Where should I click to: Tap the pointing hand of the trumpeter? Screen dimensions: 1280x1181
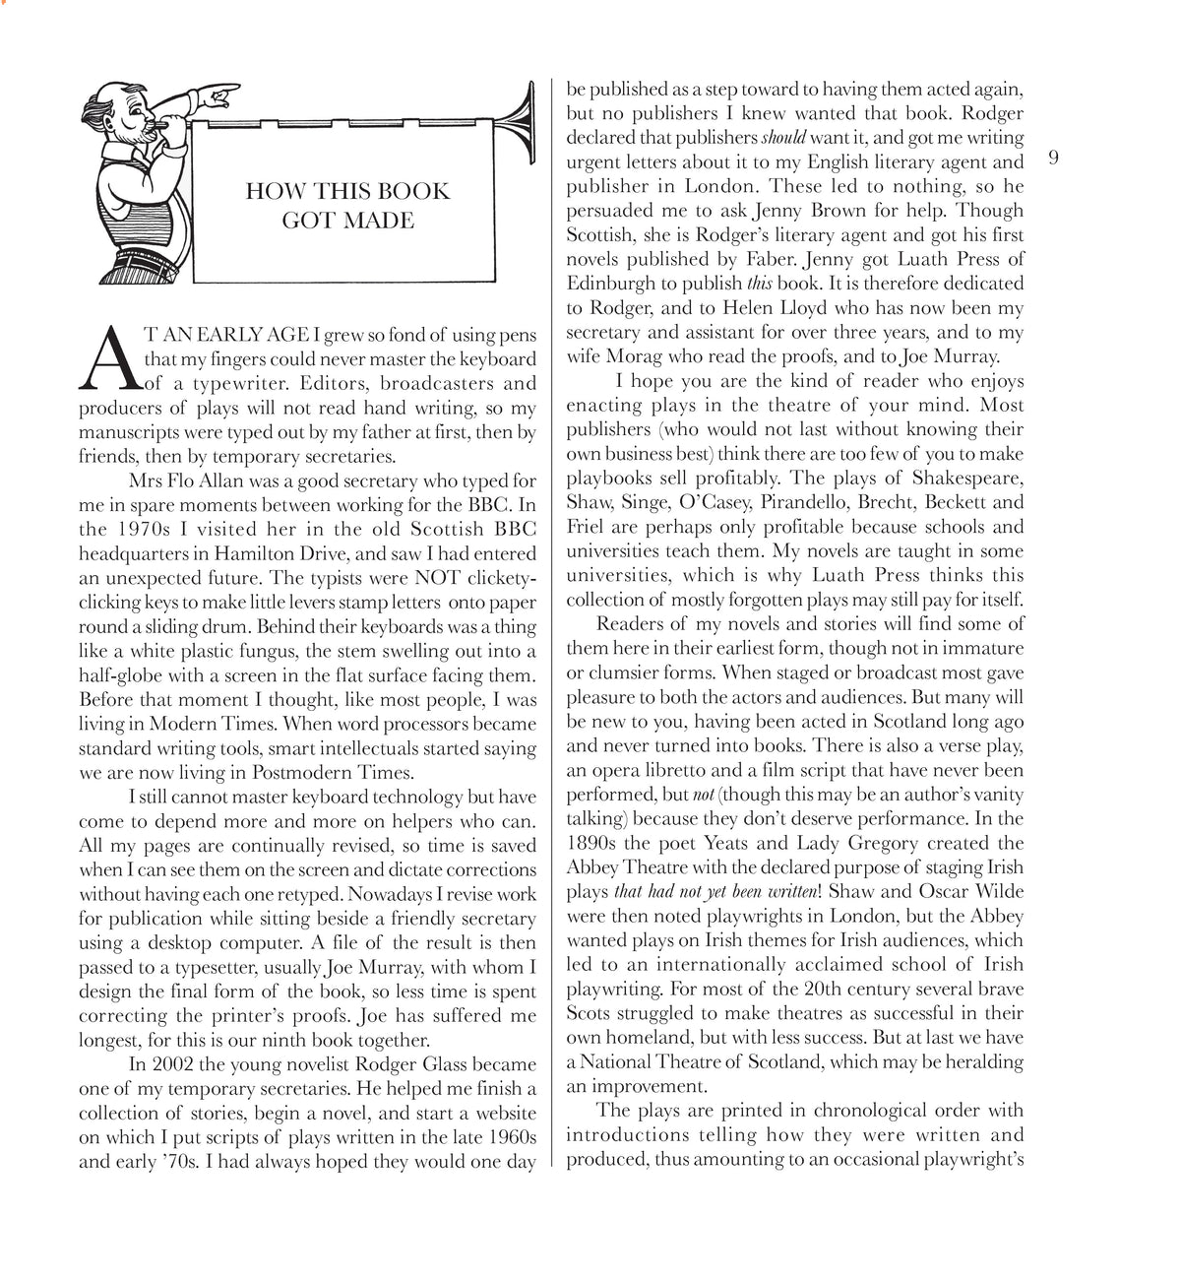coord(218,96)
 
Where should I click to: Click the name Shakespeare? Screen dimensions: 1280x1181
coord(961,478)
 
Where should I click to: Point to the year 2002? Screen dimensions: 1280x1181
coord(174,1064)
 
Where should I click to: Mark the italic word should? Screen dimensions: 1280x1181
coord(783,138)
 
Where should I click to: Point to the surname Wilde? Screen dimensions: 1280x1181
coord(998,891)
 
